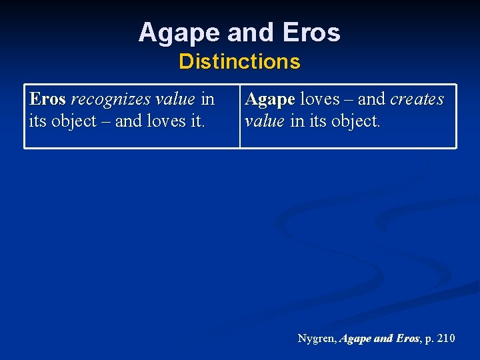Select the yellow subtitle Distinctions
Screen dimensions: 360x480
(x=239, y=62)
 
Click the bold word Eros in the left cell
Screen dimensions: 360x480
(x=47, y=99)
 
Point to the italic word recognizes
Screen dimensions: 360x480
(x=110, y=99)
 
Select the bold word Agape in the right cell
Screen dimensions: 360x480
(x=270, y=99)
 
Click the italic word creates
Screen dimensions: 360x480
(x=417, y=99)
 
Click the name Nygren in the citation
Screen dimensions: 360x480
(x=317, y=339)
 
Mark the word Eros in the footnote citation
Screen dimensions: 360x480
(x=407, y=339)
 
